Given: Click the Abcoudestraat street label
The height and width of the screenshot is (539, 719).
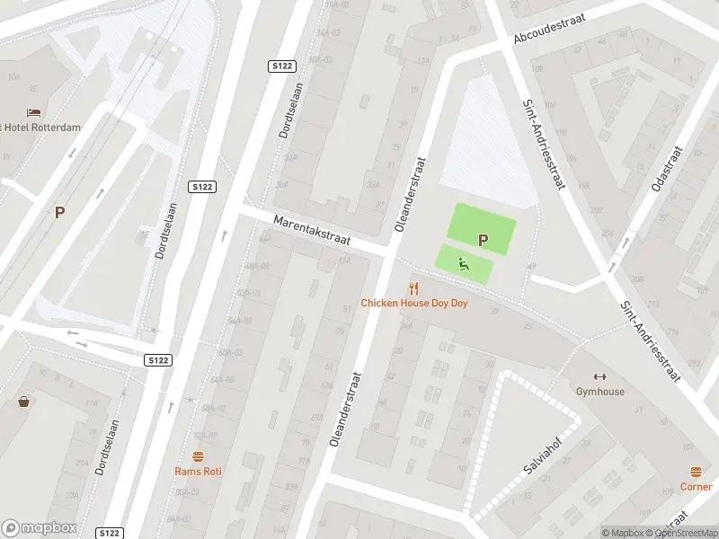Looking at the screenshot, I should pyautogui.click(x=551, y=27).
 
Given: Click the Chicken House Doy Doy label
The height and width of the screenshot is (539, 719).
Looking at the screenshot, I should pyautogui.click(x=414, y=304).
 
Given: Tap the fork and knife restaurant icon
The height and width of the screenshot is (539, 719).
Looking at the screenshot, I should pyautogui.click(x=413, y=287).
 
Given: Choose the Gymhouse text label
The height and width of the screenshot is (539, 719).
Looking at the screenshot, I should pyautogui.click(x=600, y=392).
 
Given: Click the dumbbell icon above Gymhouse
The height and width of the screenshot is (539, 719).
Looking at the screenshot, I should pyautogui.click(x=600, y=376).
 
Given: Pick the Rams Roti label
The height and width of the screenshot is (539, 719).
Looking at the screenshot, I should pyautogui.click(x=199, y=471).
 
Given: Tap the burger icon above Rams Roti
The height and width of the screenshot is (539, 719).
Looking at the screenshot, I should pyautogui.click(x=199, y=455).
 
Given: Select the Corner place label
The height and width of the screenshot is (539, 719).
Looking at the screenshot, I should pyautogui.click(x=697, y=487).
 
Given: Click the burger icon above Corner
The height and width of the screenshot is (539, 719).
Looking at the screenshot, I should pyautogui.click(x=697, y=472).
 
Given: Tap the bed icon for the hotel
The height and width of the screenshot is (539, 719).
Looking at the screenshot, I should pyautogui.click(x=34, y=112).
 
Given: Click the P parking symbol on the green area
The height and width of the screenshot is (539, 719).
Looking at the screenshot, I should pyautogui.click(x=484, y=240).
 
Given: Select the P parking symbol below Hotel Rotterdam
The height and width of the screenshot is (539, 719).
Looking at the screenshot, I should pyautogui.click(x=59, y=213).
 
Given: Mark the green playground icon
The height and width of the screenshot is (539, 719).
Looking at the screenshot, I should pyautogui.click(x=463, y=264).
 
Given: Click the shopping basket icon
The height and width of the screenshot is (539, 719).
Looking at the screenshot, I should pyautogui.click(x=23, y=402).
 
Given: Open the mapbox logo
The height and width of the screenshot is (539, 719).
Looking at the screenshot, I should pyautogui.click(x=40, y=528).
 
